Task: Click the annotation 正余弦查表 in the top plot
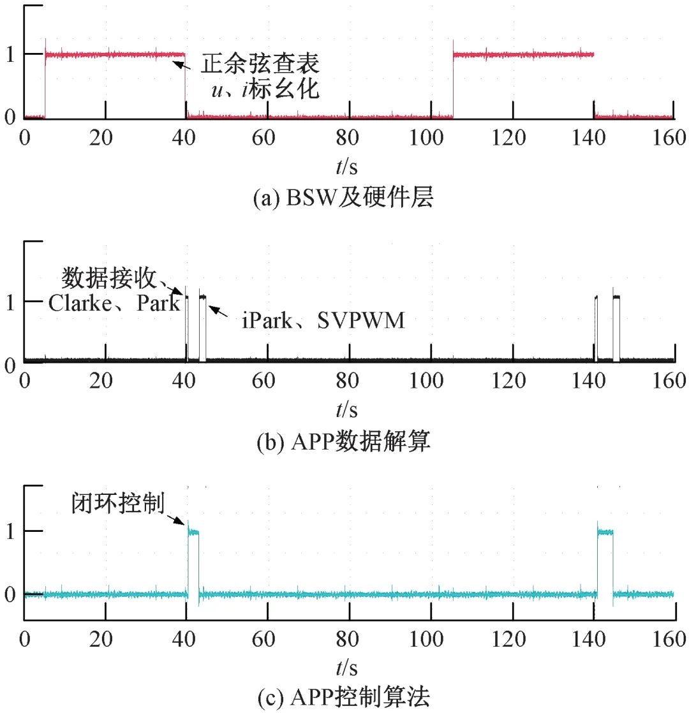click(260, 64)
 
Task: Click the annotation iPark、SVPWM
click(323, 320)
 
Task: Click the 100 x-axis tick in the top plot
click(431, 137)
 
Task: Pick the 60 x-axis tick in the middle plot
click(267, 381)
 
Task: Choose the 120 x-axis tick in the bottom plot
click(512, 638)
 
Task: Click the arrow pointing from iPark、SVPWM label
click(219, 311)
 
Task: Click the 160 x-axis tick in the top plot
click(673, 137)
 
